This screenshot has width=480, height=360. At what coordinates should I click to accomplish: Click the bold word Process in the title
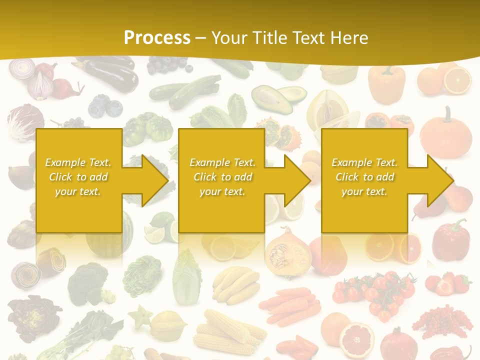pos(157,37)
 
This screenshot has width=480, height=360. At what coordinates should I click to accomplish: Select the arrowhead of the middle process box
pos(293,180)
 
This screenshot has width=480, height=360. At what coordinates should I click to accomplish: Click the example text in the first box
pos(78,177)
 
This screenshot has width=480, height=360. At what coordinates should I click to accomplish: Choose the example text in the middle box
pos(222,177)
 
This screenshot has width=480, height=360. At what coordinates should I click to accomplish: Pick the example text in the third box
pos(364,177)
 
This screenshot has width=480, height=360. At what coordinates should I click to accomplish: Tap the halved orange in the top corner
pos(457,80)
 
